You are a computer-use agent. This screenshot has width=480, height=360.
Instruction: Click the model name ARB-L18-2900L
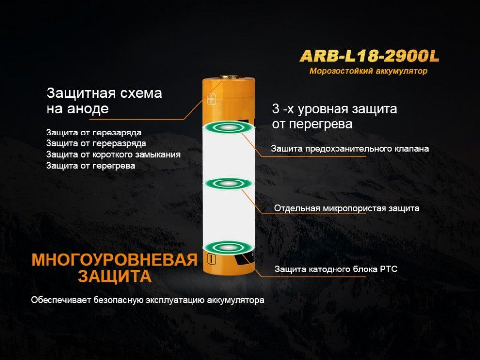tap(370, 56)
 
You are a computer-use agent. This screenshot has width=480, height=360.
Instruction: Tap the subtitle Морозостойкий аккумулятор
tap(368, 71)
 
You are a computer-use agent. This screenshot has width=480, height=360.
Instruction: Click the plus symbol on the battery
tap(211, 99)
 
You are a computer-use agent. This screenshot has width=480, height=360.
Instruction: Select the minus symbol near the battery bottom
tap(211, 259)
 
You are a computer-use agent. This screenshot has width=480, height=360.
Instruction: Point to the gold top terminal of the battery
tap(229, 77)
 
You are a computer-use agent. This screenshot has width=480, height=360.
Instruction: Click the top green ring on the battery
tap(228, 127)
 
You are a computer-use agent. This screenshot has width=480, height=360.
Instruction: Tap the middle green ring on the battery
tap(228, 184)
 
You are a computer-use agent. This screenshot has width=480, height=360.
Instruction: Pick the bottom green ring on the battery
tap(228, 247)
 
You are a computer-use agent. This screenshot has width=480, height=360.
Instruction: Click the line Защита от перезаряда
tap(94, 133)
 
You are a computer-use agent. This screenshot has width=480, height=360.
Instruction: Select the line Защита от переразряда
tap(96, 143)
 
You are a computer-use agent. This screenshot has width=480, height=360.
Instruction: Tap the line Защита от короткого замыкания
tap(113, 154)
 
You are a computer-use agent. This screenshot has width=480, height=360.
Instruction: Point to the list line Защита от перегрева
tap(91, 166)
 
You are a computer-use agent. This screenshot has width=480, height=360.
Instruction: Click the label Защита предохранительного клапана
tap(349, 149)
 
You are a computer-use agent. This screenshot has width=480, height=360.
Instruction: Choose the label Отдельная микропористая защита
tap(346, 208)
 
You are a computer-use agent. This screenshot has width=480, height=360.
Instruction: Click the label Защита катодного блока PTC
tap(336, 269)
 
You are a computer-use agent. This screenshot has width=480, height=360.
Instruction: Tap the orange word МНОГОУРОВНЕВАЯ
tap(115, 260)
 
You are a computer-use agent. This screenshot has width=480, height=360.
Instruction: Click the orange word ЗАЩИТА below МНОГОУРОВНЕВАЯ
tap(115, 276)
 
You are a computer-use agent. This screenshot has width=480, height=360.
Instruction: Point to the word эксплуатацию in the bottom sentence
tap(175, 300)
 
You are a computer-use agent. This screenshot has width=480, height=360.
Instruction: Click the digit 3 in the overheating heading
tap(276, 109)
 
